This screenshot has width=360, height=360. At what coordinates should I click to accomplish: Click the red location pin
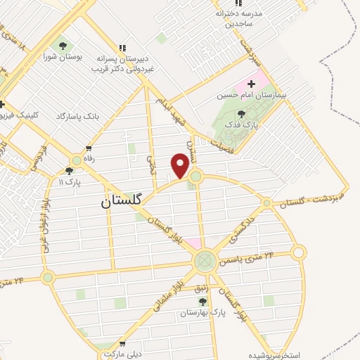[180, 165]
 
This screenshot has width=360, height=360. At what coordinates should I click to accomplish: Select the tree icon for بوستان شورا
[63, 46]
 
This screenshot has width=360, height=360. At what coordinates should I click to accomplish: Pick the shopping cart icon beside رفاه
[89, 148]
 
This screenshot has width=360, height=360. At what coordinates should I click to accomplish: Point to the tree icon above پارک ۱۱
[69, 170]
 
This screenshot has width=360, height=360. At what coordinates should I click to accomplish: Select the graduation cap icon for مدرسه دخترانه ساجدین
[239, 12]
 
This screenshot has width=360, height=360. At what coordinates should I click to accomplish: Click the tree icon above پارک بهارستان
[211, 301]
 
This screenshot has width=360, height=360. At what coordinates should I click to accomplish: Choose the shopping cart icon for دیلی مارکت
[124, 345]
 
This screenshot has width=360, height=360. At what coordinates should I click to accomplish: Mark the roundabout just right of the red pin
[196, 176]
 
